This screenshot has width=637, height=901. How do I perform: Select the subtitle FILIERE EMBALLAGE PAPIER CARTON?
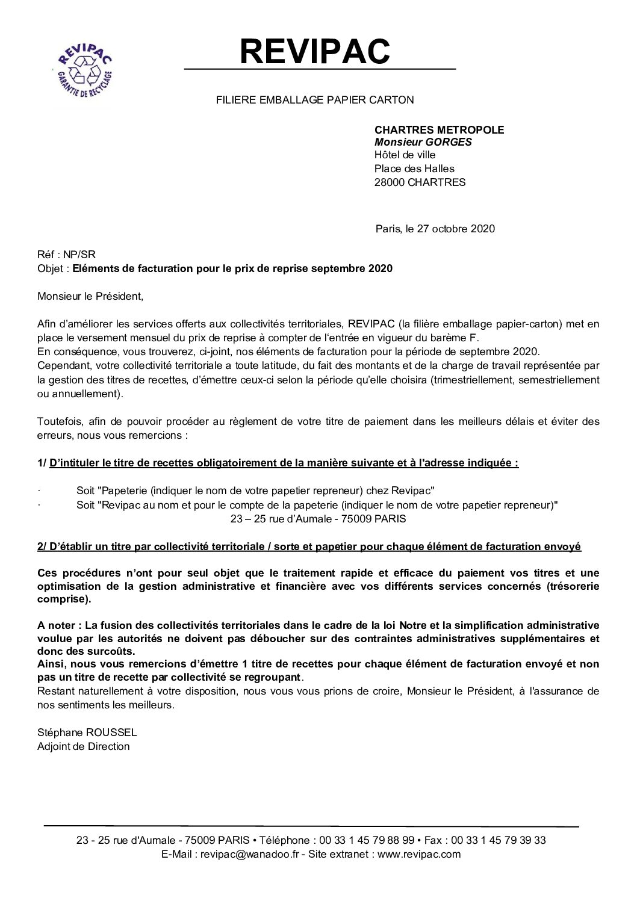tap(315, 100)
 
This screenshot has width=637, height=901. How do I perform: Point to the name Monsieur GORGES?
tap(423, 143)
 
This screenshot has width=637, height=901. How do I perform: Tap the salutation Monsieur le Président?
tap(91, 296)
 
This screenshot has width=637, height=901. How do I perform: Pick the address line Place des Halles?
tap(414, 169)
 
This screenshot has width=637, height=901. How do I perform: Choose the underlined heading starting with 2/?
tap(309, 546)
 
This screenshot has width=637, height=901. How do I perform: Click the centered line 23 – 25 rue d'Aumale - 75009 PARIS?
tap(318, 518)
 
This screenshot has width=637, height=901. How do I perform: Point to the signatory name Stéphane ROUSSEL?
tap(87, 733)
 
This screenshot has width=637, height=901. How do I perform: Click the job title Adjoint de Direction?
tap(84, 746)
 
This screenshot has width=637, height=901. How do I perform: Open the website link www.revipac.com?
tap(418, 854)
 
